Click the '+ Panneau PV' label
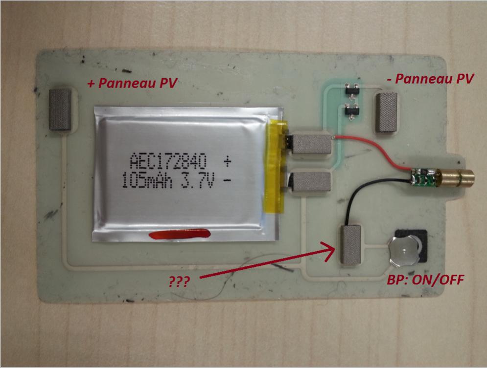pos(132,83)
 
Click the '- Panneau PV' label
pos(435,79)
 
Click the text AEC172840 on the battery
pos(168,160)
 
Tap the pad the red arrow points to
pos(350,245)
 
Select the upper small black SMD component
pos(350,91)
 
